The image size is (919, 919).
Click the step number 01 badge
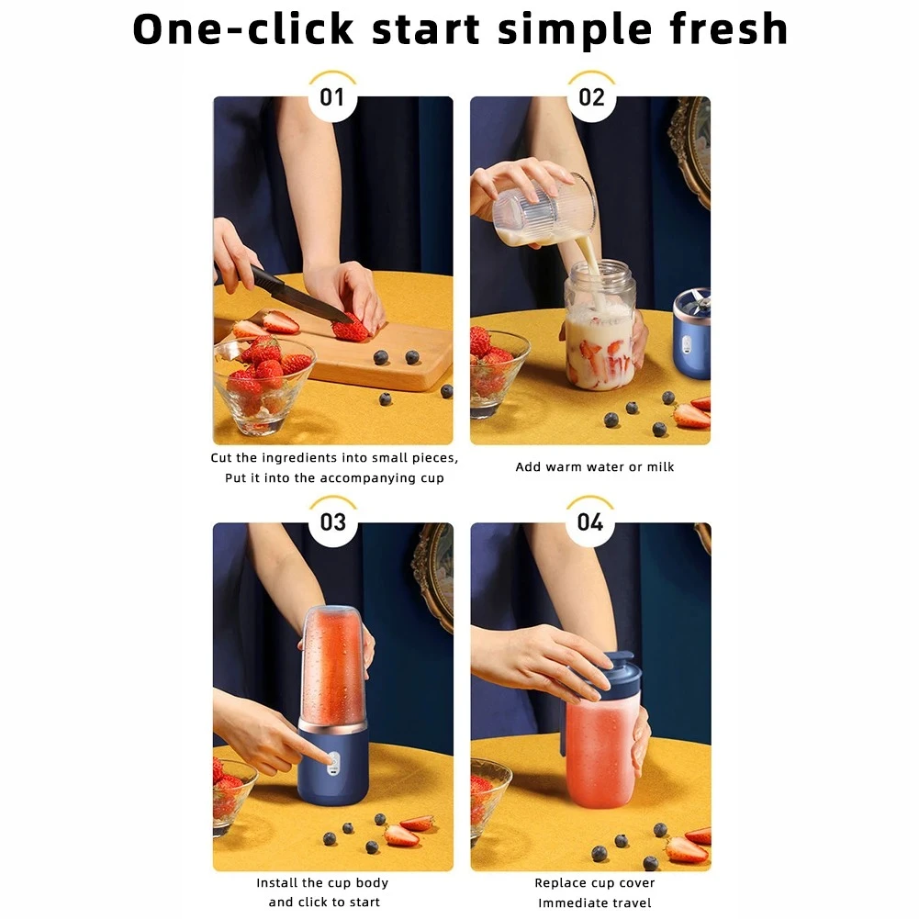coord(332,97)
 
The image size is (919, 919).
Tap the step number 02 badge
coord(591,97)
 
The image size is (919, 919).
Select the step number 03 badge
coord(333,522)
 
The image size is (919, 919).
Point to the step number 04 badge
coord(590,522)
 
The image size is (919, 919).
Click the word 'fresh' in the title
coord(729,28)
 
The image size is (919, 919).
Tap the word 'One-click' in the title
coord(243,28)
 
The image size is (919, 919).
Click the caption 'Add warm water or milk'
coord(594,467)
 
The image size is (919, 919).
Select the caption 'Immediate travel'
coord(594,903)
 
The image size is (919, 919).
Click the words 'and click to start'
coord(324,902)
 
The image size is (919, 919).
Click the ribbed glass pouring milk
coord(544,211)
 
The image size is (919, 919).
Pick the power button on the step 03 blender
coord(333,760)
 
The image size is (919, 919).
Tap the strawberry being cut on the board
coord(351,328)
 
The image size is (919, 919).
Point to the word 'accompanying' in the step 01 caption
coord(368,478)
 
